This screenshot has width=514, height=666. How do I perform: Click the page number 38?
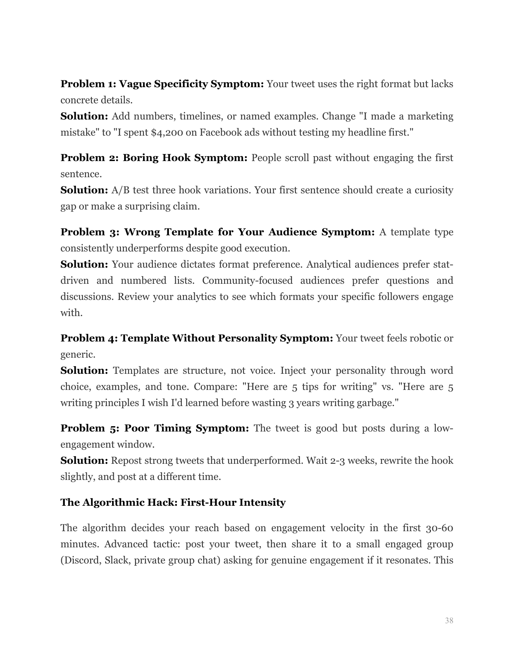(x=449, y=621)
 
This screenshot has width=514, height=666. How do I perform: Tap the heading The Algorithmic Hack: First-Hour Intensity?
(x=173, y=503)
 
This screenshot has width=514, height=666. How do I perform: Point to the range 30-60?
(x=439, y=528)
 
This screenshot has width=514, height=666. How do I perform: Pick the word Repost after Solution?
(x=126, y=461)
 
